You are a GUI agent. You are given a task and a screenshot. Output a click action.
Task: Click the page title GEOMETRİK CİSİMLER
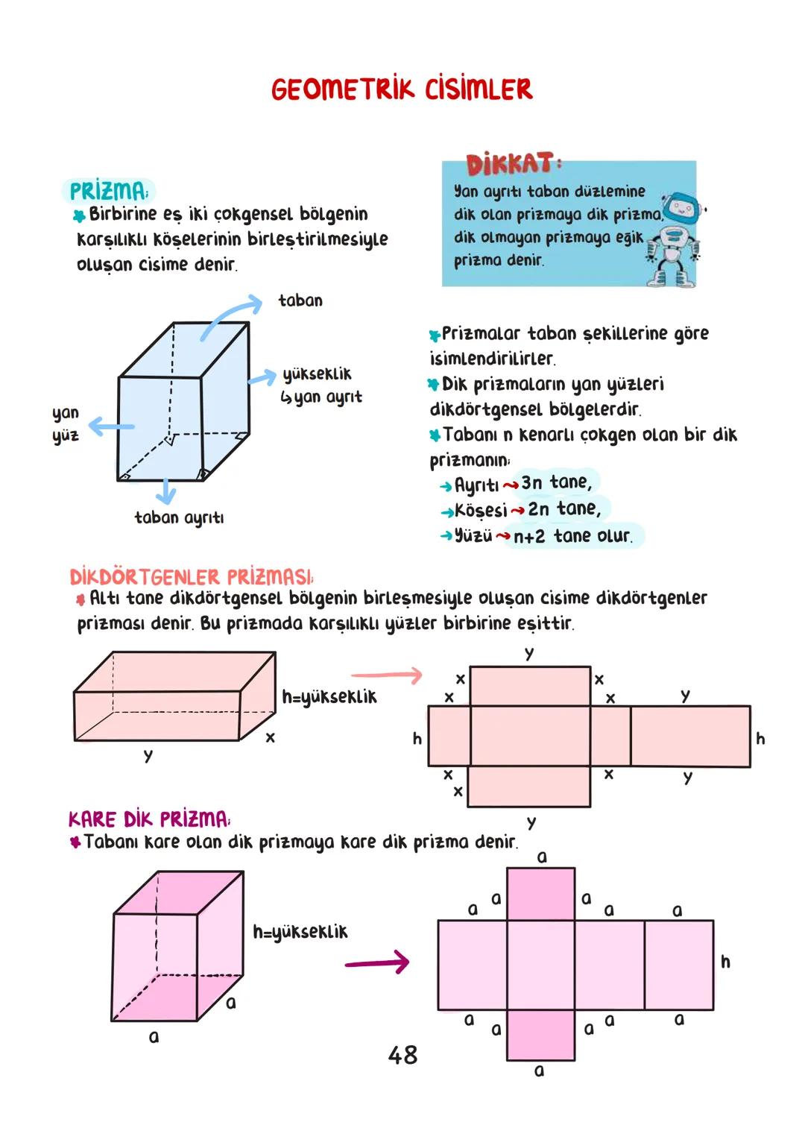(402, 89)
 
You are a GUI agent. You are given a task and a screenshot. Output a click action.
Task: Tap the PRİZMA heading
(108, 191)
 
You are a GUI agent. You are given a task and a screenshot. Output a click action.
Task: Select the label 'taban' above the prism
(300, 300)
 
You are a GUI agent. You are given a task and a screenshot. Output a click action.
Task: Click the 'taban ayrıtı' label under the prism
(179, 517)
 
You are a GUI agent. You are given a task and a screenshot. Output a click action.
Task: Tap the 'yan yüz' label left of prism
(66, 423)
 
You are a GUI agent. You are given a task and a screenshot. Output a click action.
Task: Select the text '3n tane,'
(556, 482)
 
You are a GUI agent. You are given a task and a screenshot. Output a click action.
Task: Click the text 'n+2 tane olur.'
(572, 536)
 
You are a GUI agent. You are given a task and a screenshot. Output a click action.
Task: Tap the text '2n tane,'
(564, 509)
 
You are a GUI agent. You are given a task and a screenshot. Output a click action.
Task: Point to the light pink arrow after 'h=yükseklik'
(386, 675)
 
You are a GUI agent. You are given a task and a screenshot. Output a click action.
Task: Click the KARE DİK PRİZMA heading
(149, 819)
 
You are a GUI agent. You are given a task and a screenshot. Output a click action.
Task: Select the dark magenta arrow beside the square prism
(377, 962)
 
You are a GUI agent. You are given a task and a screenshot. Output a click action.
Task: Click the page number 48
(402, 1055)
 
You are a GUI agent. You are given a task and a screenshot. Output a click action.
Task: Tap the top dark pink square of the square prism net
(540, 894)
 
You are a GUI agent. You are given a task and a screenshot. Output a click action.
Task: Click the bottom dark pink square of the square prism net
(540, 1035)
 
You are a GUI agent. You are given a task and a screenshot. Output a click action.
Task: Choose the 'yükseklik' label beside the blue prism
(317, 374)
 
